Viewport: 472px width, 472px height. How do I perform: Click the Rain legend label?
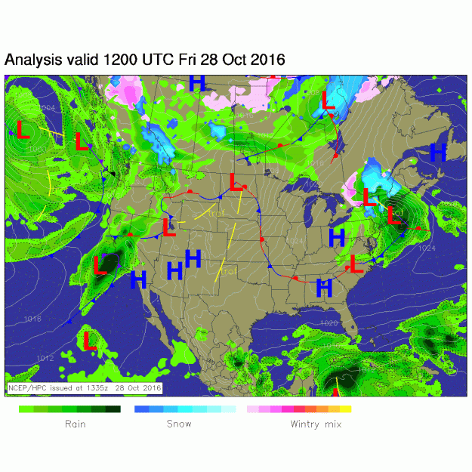(76, 424)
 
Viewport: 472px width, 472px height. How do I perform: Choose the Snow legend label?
(179, 424)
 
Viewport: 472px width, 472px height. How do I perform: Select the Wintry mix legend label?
(316, 424)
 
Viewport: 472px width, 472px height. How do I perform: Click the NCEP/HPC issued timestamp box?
(85, 388)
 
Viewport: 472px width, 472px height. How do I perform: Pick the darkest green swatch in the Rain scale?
(113, 409)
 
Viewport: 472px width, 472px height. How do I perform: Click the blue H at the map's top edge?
(197, 83)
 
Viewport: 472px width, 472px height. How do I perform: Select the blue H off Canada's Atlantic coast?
(438, 151)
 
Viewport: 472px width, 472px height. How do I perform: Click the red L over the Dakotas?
(236, 182)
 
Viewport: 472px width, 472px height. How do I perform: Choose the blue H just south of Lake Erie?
(337, 237)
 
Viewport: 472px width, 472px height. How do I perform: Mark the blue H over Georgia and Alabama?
(325, 287)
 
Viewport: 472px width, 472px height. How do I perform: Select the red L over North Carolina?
(356, 264)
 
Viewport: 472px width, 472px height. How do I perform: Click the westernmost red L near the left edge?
(23, 129)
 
